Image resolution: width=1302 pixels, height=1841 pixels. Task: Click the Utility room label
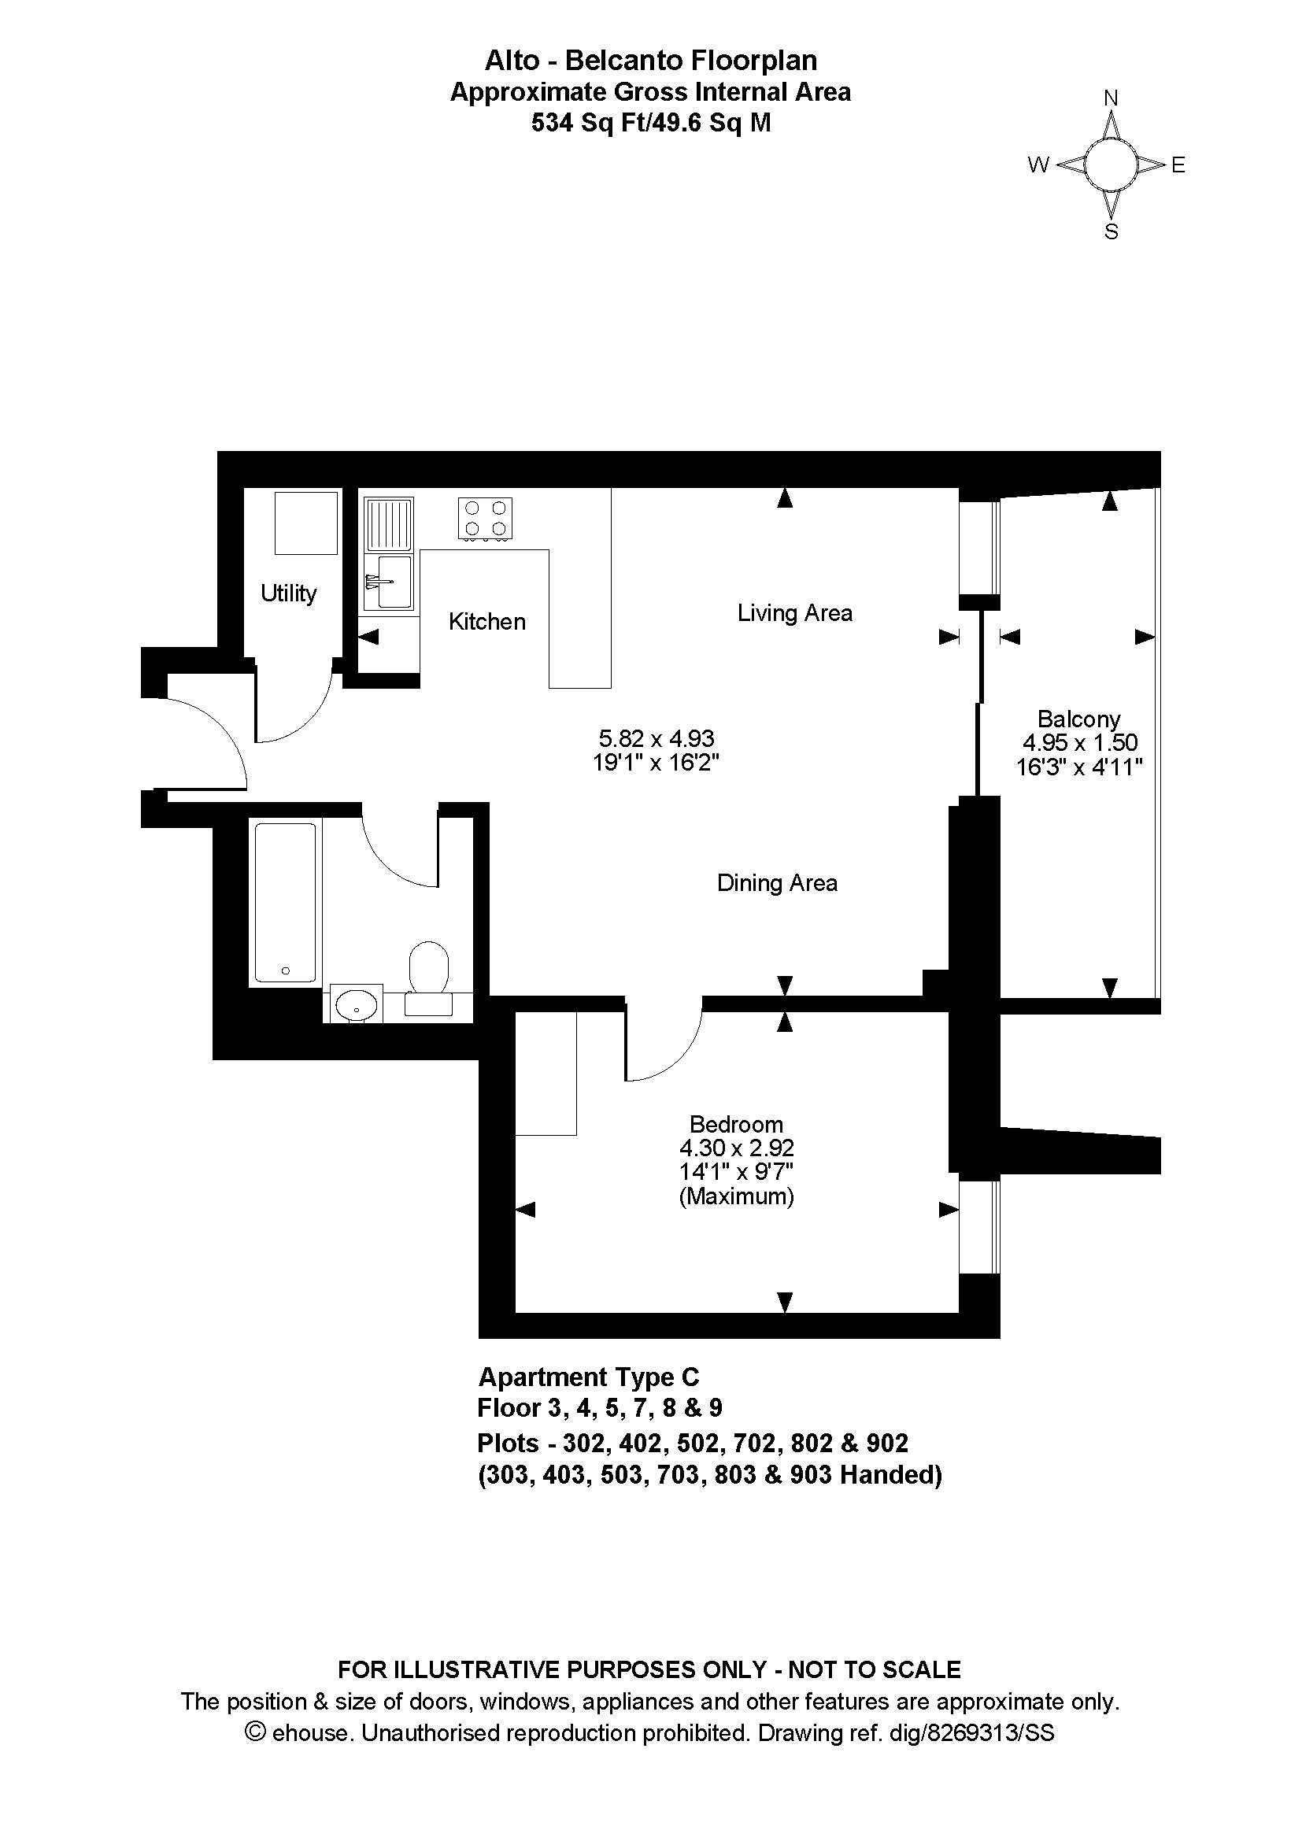[289, 594]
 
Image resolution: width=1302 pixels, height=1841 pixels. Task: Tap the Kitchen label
[486, 622]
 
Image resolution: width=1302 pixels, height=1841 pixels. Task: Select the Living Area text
[794, 613]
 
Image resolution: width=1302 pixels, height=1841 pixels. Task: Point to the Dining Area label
[777, 883]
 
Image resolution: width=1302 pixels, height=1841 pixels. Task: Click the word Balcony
[1078, 719]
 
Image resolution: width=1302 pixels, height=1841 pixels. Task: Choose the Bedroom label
[736, 1124]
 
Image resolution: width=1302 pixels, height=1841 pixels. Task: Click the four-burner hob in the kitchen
[485, 519]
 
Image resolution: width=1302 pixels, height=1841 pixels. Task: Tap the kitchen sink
[389, 553]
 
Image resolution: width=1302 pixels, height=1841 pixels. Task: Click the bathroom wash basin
[355, 1004]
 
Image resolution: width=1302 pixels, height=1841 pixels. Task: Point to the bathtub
[286, 902]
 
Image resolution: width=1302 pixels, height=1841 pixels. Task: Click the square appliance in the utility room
[305, 523]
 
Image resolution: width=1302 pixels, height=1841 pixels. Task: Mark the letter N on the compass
[1111, 98]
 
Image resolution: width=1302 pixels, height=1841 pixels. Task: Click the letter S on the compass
[1112, 231]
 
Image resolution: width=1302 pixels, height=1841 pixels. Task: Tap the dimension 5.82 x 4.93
[657, 738]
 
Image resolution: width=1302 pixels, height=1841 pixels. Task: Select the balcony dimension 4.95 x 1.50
[1080, 743]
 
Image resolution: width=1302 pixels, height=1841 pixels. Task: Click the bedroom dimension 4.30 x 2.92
[737, 1148]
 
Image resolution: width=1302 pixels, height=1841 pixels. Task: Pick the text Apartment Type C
[589, 1377]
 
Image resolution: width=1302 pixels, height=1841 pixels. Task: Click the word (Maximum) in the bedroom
[737, 1197]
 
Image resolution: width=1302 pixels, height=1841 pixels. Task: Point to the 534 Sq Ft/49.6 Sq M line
[651, 123]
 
